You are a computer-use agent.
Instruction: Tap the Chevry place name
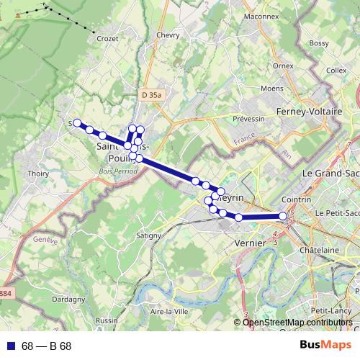click(x=166, y=35)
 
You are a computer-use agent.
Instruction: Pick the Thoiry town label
click(x=37, y=174)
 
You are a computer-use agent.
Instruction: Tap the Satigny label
click(x=150, y=235)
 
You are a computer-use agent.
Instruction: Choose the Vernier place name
click(x=251, y=243)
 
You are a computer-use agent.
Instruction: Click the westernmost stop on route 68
click(x=77, y=123)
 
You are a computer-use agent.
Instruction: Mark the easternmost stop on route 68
click(x=283, y=216)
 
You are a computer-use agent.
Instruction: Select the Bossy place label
click(x=318, y=43)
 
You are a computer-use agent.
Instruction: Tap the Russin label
click(x=106, y=320)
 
